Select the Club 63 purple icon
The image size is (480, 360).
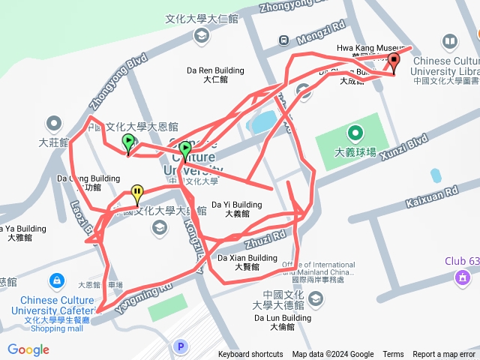[463, 278]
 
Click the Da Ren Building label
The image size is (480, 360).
[215, 71]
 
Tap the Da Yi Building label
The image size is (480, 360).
[236, 204]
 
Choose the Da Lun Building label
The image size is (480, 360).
[280, 318]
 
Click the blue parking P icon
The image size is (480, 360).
[179, 346]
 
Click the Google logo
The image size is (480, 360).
[28, 349]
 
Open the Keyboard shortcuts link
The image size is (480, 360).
[250, 355]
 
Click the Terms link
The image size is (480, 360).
[393, 355]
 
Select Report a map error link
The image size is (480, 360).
[445, 355]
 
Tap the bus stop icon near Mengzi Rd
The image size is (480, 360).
[284, 40]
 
